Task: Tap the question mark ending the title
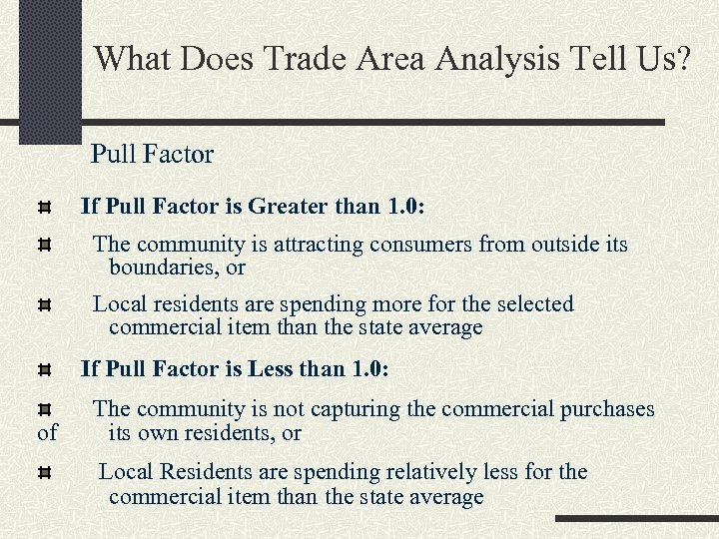point(681,58)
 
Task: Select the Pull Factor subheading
point(152,155)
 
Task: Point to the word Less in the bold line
point(270,369)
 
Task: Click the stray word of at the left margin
point(47,433)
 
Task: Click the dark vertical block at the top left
point(49,70)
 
